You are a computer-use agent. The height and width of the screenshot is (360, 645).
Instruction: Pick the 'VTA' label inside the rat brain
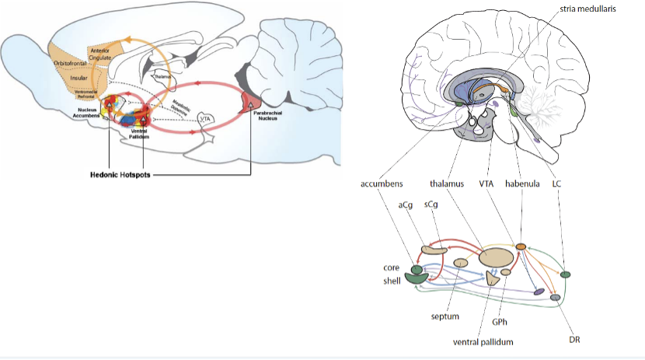click(205, 118)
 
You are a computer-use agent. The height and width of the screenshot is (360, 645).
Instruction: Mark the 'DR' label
click(575, 340)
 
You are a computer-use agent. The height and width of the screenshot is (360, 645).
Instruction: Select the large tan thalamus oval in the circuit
click(495, 257)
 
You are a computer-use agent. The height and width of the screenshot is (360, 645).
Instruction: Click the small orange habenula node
click(521, 246)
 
